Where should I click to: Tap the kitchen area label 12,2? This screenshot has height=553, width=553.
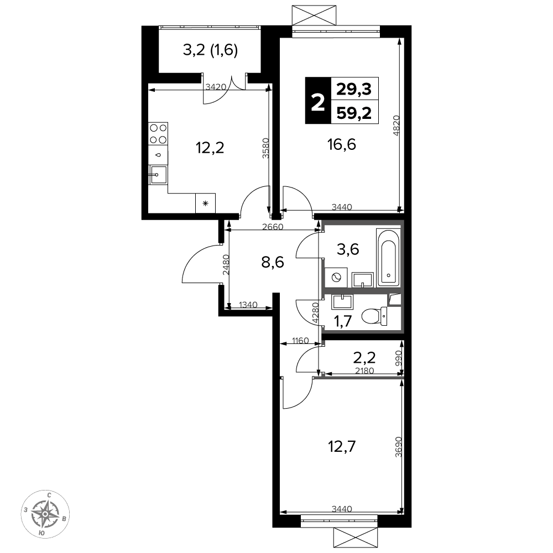pyautogui.click(x=210, y=148)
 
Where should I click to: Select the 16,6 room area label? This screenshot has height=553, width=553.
pyautogui.click(x=342, y=144)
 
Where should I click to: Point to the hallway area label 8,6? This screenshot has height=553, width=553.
pyautogui.click(x=273, y=262)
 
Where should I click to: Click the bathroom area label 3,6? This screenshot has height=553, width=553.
pyautogui.click(x=348, y=249)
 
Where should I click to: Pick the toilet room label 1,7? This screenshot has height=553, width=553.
pyautogui.click(x=343, y=321)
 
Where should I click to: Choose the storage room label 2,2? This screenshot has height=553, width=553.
pyautogui.click(x=364, y=358)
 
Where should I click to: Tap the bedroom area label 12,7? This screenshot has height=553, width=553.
pyautogui.click(x=342, y=446)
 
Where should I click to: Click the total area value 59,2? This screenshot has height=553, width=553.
pyautogui.click(x=354, y=113)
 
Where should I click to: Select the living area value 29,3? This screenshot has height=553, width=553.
pyautogui.click(x=354, y=89)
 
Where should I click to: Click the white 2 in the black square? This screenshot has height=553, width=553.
pyautogui.click(x=318, y=101)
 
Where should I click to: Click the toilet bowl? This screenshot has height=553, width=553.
pyautogui.click(x=374, y=316)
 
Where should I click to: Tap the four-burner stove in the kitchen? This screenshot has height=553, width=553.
pyautogui.click(x=158, y=133)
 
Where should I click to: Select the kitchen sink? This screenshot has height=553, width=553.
pyautogui.click(x=158, y=174)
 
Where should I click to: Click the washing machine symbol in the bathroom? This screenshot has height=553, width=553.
pyautogui.click(x=336, y=278)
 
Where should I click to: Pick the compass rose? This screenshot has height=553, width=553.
pyautogui.click(x=45, y=514)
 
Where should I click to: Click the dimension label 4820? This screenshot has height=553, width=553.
pyautogui.click(x=397, y=125)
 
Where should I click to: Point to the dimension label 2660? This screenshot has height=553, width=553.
pyautogui.click(x=273, y=227)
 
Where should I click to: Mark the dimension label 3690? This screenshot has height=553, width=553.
pyautogui.click(x=399, y=447)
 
